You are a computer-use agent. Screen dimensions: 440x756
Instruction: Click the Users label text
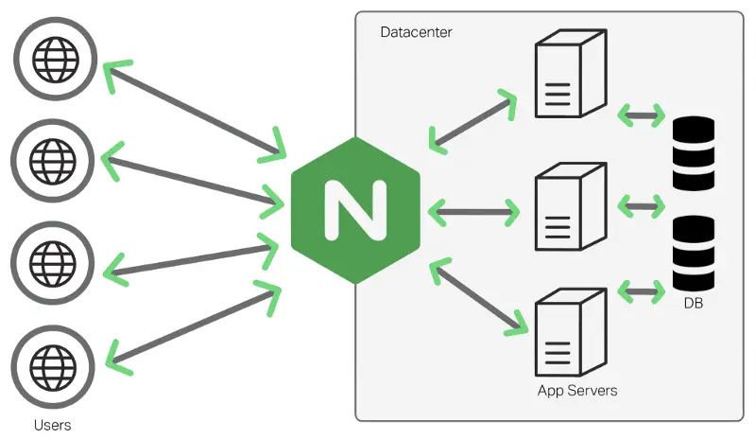[x=52, y=425]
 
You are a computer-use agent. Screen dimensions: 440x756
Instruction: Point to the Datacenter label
[x=416, y=32]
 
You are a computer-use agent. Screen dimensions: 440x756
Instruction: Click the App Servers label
[x=576, y=390]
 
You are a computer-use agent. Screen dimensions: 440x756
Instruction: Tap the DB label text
[x=694, y=304]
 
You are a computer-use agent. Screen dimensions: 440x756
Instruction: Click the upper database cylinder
[x=694, y=155]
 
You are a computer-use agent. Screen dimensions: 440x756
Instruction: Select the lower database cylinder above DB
[x=694, y=254]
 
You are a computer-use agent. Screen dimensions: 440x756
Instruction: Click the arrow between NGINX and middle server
[x=472, y=211]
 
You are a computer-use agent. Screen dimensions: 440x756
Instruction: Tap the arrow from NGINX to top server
[x=472, y=121]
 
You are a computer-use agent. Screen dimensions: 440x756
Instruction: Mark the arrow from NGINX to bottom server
[x=478, y=298]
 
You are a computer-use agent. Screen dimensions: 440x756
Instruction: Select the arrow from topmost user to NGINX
[x=194, y=108]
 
